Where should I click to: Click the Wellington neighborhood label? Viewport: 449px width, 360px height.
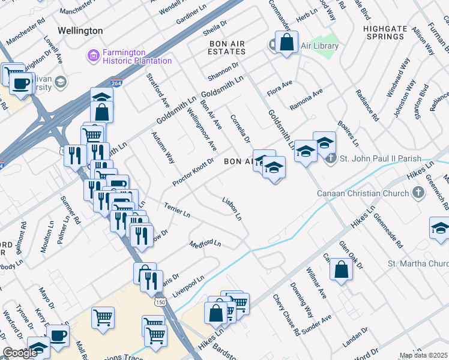(80, 30)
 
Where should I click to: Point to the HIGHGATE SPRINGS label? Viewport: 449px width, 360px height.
(384, 37)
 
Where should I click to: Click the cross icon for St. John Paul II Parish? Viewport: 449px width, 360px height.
(330, 159)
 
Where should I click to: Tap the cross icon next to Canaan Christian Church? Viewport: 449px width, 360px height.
(419, 192)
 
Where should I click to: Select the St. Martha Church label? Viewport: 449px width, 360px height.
(418, 263)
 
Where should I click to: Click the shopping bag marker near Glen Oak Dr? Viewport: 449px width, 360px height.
(341, 269)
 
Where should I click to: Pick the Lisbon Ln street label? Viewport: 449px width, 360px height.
(232, 208)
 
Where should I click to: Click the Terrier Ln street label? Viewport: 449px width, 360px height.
(177, 209)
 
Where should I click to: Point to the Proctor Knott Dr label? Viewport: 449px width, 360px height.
(193, 172)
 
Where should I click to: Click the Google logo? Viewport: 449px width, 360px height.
(20, 353)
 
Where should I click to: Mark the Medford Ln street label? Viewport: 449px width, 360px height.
(205, 244)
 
